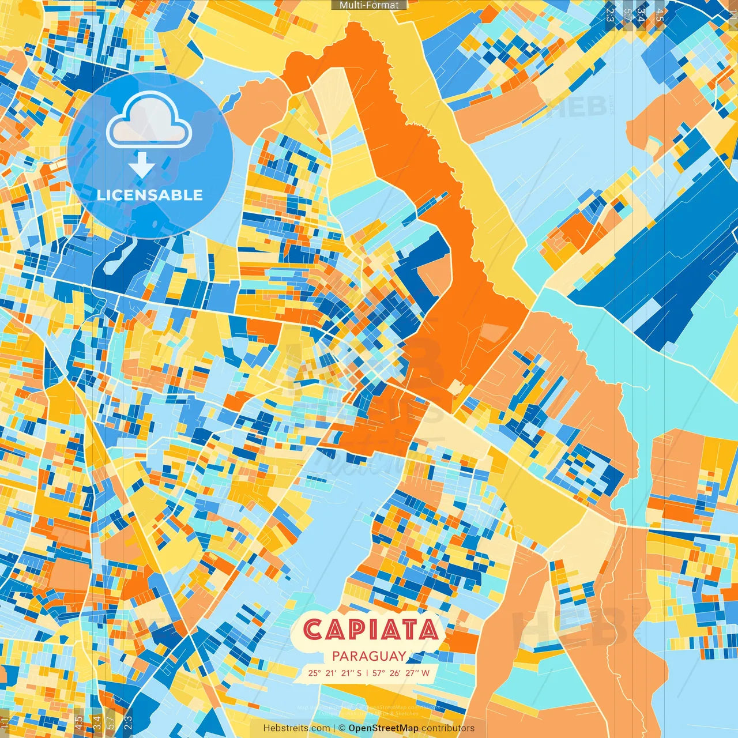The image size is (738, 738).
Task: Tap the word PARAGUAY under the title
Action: [x=369, y=656]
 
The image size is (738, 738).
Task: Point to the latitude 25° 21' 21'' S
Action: [x=335, y=673]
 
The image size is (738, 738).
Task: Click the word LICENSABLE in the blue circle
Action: [x=150, y=195]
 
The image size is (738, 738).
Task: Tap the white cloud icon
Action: [x=149, y=120]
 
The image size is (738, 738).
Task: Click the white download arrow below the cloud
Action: [x=141, y=165]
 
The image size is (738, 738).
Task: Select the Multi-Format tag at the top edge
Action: [x=369, y=5]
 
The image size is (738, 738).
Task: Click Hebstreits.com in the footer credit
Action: [x=296, y=728]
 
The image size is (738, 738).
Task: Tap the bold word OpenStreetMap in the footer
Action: [x=383, y=728]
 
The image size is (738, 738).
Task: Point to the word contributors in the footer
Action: [x=448, y=728]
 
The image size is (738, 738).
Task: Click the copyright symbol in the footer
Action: [x=341, y=728]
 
